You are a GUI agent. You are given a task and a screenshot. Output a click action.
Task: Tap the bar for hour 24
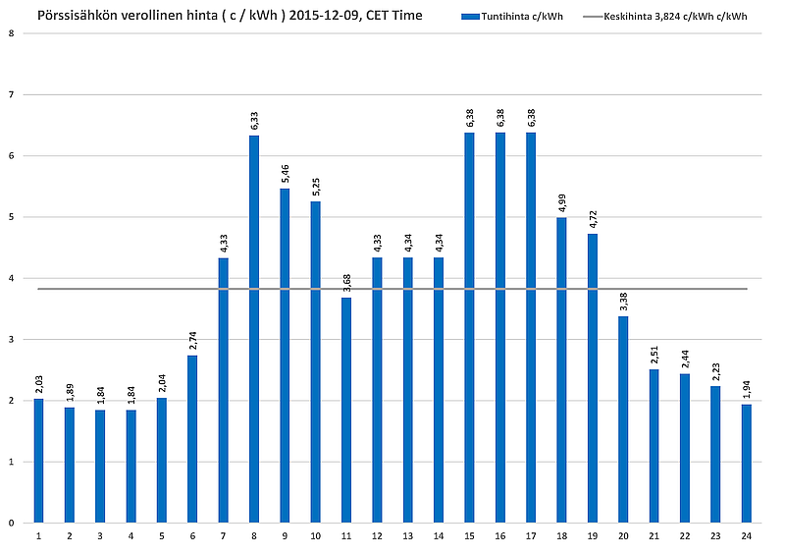[746, 463]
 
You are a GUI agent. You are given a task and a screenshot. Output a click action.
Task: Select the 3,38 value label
[623, 300]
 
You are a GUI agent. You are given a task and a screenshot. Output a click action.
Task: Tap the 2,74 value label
[192, 339]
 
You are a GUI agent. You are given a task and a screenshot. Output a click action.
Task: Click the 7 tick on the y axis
[11, 95]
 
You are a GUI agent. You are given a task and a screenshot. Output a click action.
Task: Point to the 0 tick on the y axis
[11, 523]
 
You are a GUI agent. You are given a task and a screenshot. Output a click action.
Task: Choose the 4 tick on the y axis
[11, 278]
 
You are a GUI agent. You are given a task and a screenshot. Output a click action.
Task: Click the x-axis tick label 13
[408, 536]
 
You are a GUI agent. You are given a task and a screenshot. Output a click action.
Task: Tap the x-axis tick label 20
[623, 536]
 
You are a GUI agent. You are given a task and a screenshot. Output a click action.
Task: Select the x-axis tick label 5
[162, 536]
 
